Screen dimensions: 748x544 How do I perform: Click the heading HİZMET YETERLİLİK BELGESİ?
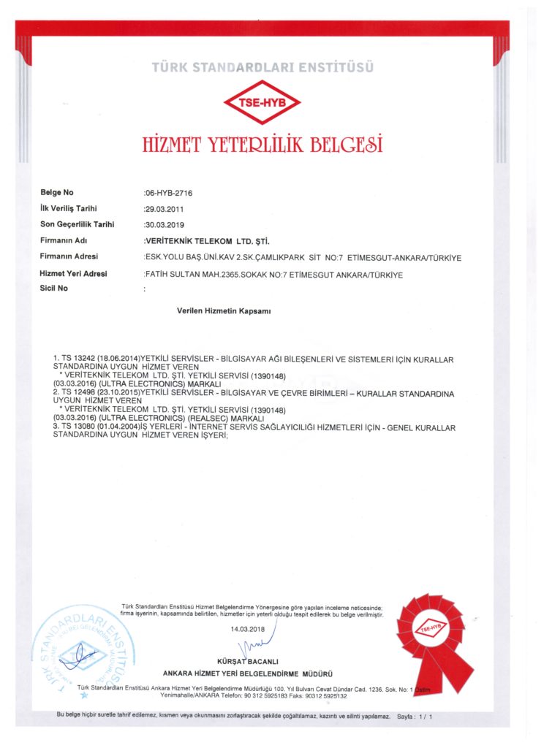pos(262,143)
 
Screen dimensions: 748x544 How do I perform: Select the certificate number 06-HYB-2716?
pos(169,194)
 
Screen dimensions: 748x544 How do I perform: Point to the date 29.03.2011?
pos(165,209)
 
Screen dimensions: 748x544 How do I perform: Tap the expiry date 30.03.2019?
pos(165,224)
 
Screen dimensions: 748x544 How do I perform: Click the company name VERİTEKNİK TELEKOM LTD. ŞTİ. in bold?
pos(208,240)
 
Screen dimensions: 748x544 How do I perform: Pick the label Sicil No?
pos(54,289)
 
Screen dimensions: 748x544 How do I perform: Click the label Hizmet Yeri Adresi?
pos(73,273)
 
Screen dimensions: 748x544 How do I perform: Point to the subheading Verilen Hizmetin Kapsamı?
pos(224,310)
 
